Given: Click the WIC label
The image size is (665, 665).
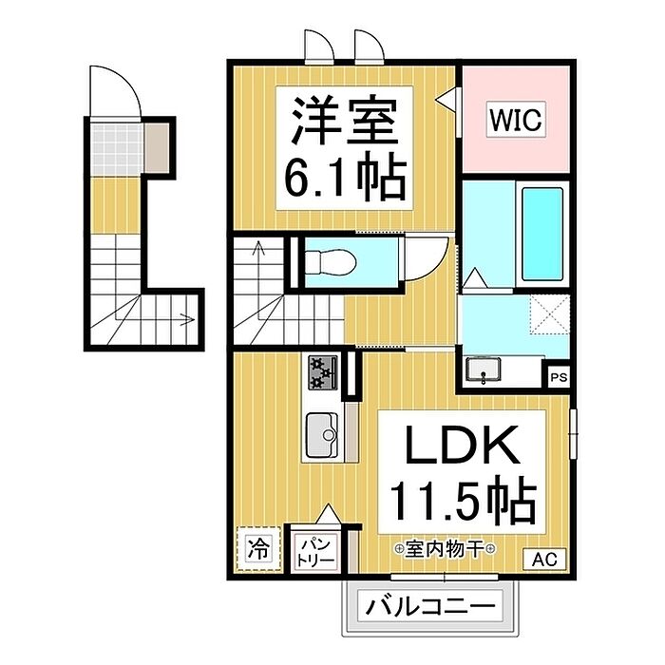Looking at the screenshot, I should click(515, 121).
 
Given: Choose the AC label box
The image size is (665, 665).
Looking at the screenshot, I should click(543, 560).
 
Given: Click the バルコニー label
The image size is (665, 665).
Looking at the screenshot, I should click(430, 605).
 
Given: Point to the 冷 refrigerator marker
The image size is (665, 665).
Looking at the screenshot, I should click(257, 549).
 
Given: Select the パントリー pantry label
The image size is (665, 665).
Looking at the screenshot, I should click(315, 552).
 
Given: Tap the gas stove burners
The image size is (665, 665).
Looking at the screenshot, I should click(320, 372).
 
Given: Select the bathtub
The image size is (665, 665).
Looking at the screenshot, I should click(542, 234).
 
